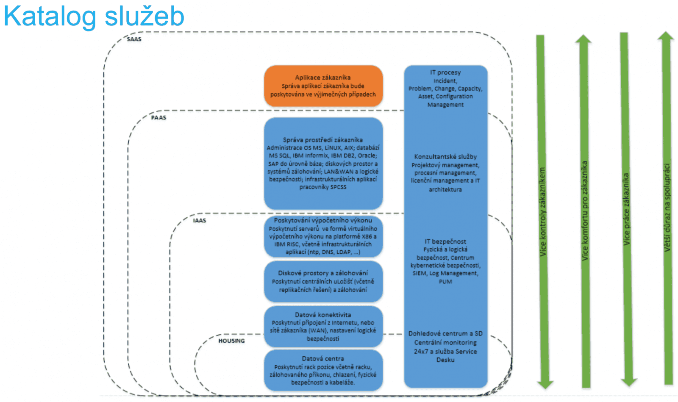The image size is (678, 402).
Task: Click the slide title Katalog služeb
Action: pos(94,16)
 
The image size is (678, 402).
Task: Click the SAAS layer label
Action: pos(134,39)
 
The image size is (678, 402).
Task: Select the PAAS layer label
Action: pos(158,117)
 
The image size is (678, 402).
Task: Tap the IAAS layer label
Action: pos(199,220)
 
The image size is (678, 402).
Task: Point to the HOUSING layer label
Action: pos(231,341)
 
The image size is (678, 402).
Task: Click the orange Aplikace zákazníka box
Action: pos(323,86)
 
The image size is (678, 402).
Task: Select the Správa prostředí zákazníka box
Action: pos(323,163)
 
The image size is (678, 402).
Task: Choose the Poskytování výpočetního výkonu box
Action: pos(323,236)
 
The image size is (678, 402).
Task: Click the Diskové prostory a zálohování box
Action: pos(323,281)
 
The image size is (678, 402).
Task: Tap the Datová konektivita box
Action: pos(323,327)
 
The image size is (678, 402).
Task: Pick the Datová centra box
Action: pos(323,370)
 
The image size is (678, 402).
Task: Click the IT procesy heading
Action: pos(445,72)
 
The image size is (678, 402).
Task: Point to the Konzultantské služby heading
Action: pos(445,157)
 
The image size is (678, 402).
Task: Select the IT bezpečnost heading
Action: pos(445,241)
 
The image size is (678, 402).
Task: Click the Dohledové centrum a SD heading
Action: pos(445,333)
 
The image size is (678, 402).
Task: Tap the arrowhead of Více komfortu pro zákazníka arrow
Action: pos(584,40)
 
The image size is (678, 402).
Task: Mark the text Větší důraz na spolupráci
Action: pos(667,208)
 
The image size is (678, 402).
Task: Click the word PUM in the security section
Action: pos(445,281)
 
